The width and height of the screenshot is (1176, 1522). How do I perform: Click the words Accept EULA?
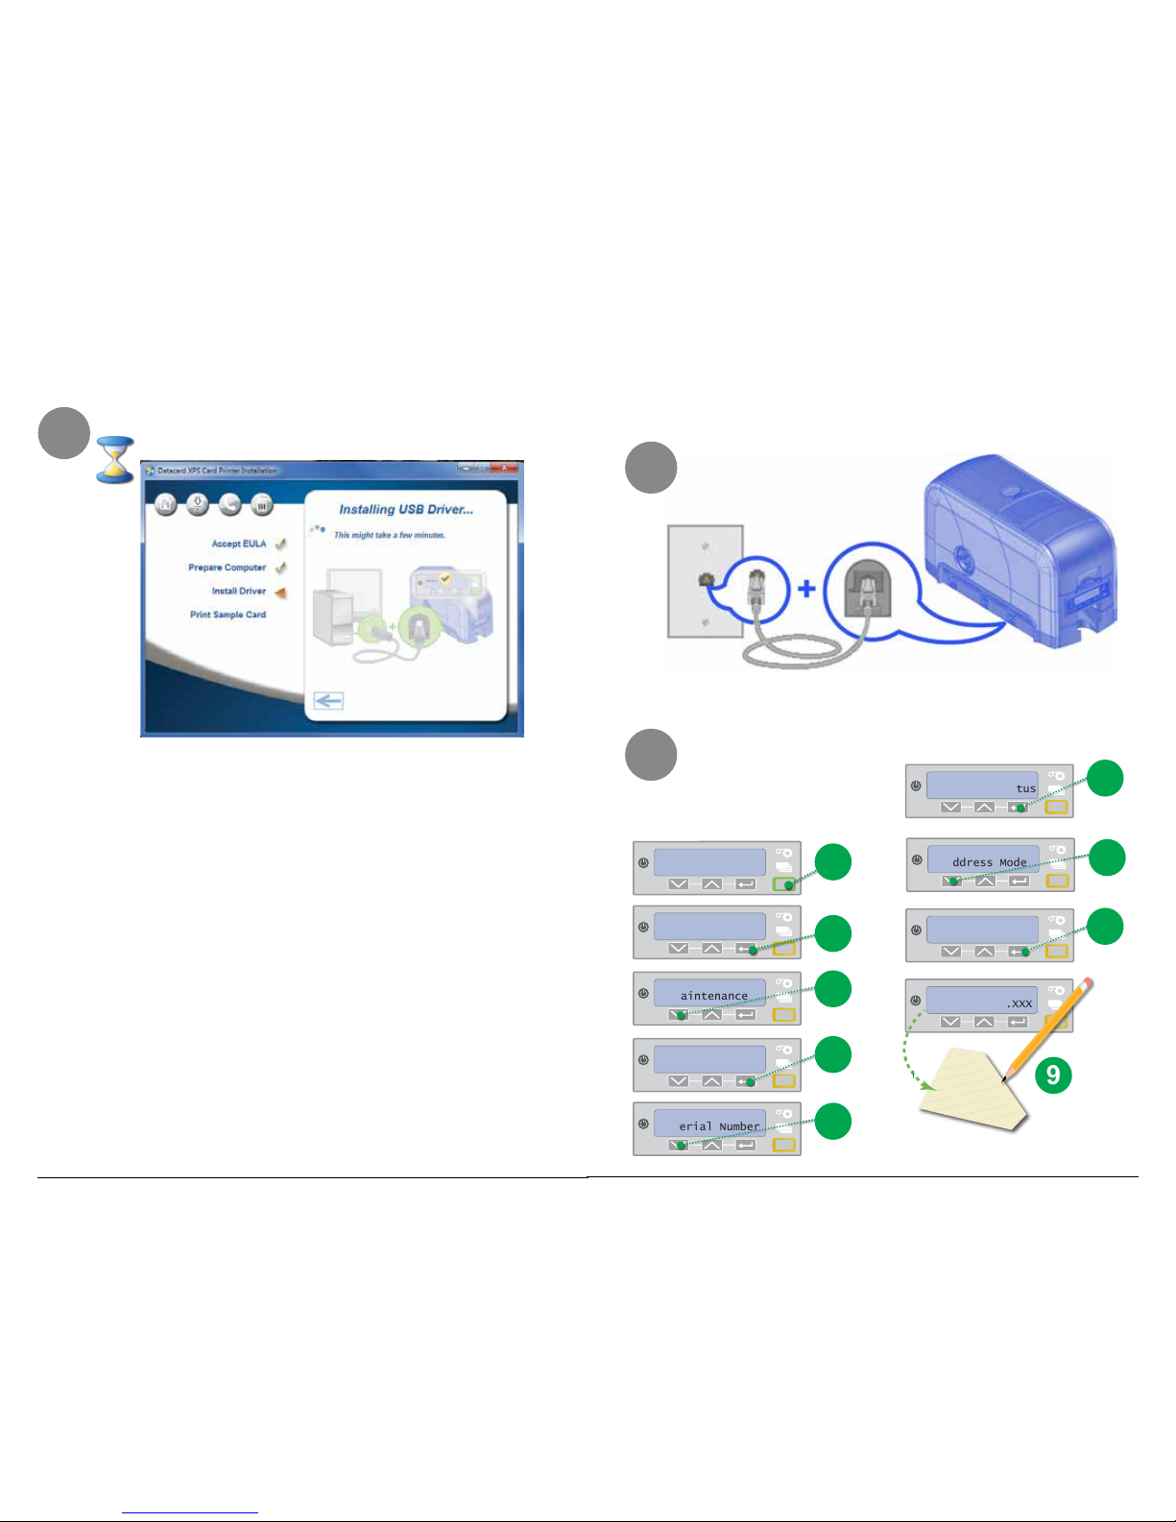(238, 544)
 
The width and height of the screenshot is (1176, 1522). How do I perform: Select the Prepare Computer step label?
(227, 568)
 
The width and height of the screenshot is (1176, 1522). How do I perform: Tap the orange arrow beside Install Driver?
(280, 592)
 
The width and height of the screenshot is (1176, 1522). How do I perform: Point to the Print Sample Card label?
(228, 615)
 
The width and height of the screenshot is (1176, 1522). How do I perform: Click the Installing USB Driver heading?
(405, 510)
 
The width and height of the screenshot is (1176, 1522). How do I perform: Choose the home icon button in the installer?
(166, 504)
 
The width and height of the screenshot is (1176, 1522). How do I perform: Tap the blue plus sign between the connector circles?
(807, 587)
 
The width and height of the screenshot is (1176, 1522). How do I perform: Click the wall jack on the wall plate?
(706, 579)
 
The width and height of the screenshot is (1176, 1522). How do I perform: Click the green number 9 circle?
(1053, 1074)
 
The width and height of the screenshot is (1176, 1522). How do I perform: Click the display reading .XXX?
(981, 1001)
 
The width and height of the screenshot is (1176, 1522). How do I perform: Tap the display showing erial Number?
(709, 1123)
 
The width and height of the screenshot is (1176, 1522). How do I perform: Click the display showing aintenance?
(709, 993)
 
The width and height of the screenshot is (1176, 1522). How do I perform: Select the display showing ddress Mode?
(982, 859)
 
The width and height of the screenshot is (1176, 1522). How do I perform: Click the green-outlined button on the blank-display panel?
(784, 883)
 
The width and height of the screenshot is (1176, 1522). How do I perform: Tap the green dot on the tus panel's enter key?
(1020, 808)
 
